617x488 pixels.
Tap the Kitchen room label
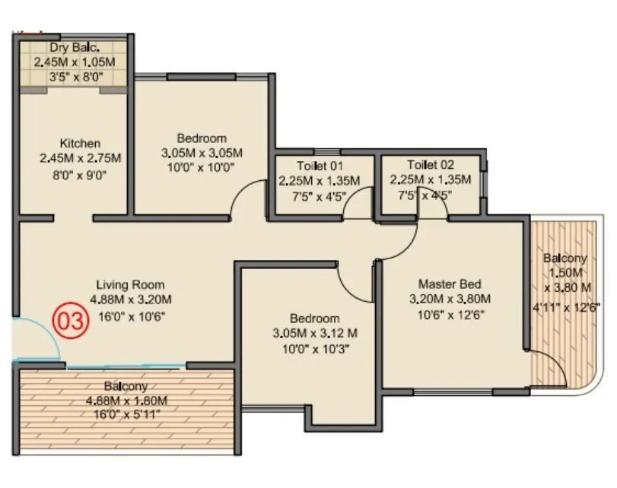click(80, 143)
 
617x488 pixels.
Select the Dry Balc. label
click(75, 48)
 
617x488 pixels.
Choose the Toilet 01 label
click(320, 165)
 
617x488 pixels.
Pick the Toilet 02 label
click(431, 165)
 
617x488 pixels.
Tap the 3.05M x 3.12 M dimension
click(314, 333)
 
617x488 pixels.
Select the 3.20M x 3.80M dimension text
click(450, 298)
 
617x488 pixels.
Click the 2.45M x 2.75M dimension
click(80, 158)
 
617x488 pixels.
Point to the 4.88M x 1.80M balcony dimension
click(126, 401)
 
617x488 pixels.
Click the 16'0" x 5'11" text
click(126, 415)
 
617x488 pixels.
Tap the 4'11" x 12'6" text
click(567, 308)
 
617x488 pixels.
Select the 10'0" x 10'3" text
click(314, 349)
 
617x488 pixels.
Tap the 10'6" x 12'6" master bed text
click(450, 313)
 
